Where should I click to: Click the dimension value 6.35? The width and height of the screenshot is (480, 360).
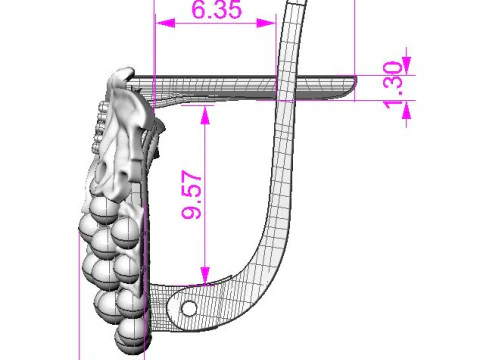coord(217,9)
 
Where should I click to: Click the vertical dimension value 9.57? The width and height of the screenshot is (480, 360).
coord(192,195)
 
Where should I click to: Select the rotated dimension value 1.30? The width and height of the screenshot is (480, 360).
coord(393,85)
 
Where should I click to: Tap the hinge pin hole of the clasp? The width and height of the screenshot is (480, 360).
coord(189,308)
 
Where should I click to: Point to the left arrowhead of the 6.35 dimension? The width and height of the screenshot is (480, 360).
coord(165,23)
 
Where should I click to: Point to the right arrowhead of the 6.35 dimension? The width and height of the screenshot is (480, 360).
coord(266,23)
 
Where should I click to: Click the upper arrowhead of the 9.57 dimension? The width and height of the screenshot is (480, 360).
coord(205,115)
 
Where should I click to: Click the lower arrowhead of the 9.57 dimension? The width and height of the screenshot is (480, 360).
coord(205,275)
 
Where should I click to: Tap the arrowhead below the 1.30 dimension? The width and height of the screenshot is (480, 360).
coord(406,110)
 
